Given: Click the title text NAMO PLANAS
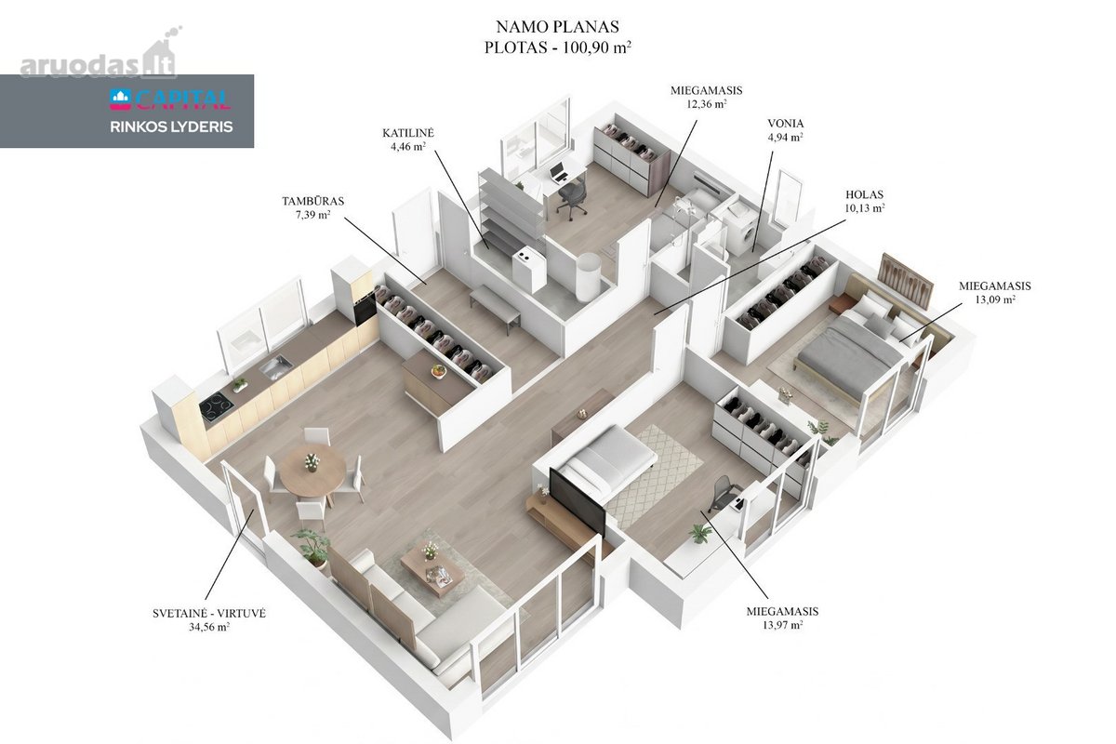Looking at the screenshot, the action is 557,26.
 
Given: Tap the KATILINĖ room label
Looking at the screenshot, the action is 408,133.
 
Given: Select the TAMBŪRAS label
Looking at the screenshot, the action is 312,201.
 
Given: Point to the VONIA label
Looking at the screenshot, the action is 785,124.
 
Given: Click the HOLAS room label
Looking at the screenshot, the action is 864,195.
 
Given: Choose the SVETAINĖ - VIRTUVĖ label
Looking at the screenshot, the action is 209,614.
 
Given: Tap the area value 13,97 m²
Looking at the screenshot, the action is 783,625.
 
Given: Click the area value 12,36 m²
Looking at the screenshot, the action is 707,104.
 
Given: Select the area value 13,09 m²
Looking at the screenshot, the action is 995,299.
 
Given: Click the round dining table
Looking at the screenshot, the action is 312,471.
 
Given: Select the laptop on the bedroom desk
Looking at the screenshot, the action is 559,172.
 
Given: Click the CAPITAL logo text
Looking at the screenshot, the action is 170,100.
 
